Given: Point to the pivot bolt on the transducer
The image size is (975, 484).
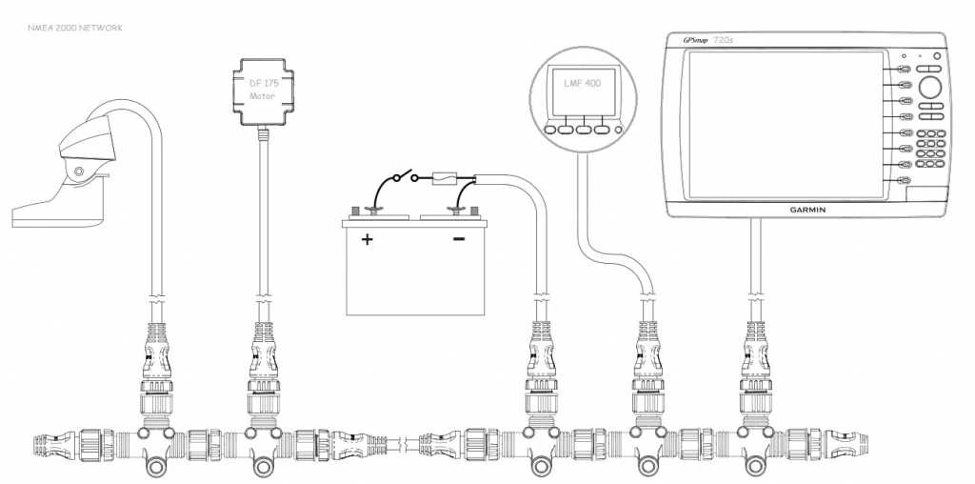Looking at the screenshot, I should pyautogui.click(x=78, y=172).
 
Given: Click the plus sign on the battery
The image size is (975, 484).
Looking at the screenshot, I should pyautogui.click(x=368, y=240).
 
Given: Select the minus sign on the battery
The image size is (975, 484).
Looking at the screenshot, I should pyautogui.click(x=459, y=238).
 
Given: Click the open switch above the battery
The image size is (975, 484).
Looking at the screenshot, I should pyautogui.click(x=399, y=179).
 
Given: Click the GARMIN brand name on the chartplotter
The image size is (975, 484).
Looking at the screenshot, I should pyautogui.click(x=813, y=210).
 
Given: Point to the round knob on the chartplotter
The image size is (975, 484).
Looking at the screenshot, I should pyautogui.click(x=931, y=88).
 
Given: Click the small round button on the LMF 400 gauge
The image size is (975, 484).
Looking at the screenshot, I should pyautogui.click(x=619, y=130).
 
